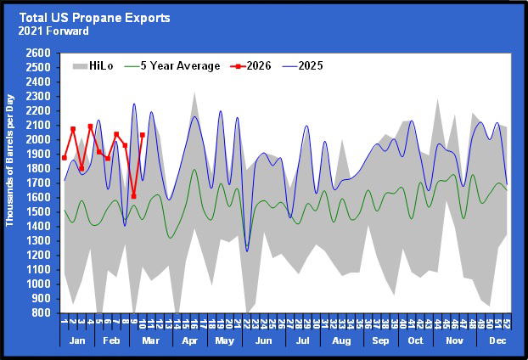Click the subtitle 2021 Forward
coord(50,31)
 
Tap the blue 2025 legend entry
coord(309,66)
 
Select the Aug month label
coord(342,340)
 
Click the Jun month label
coord(264,340)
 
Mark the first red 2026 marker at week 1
coord(65,157)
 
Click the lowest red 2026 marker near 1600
coord(133,196)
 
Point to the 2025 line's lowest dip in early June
coord(247,250)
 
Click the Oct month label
coord(417,340)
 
